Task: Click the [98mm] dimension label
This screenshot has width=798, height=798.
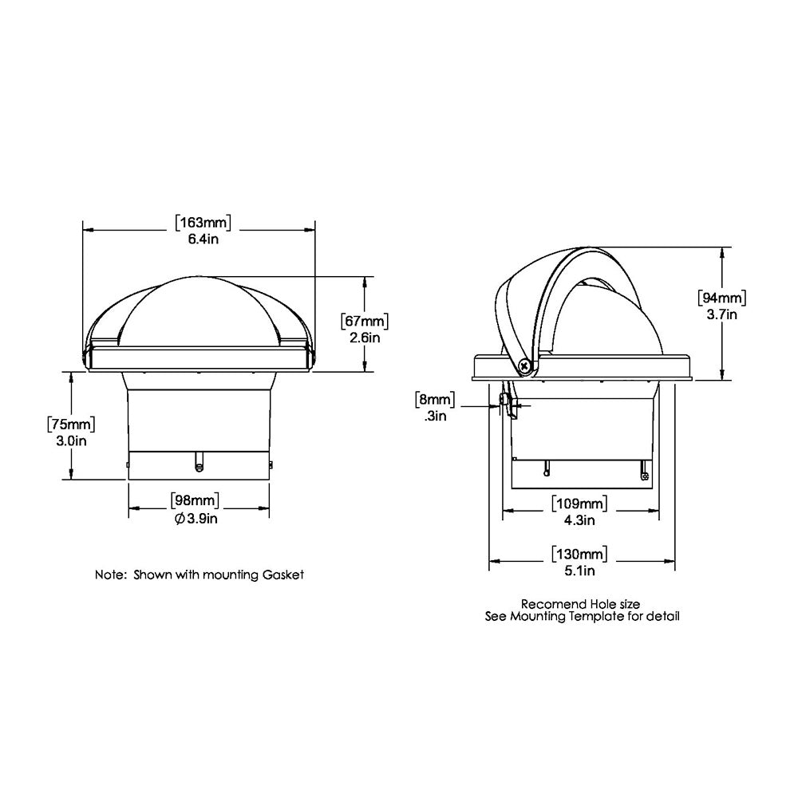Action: [196, 501]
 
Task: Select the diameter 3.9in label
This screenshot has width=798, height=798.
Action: [196, 519]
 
